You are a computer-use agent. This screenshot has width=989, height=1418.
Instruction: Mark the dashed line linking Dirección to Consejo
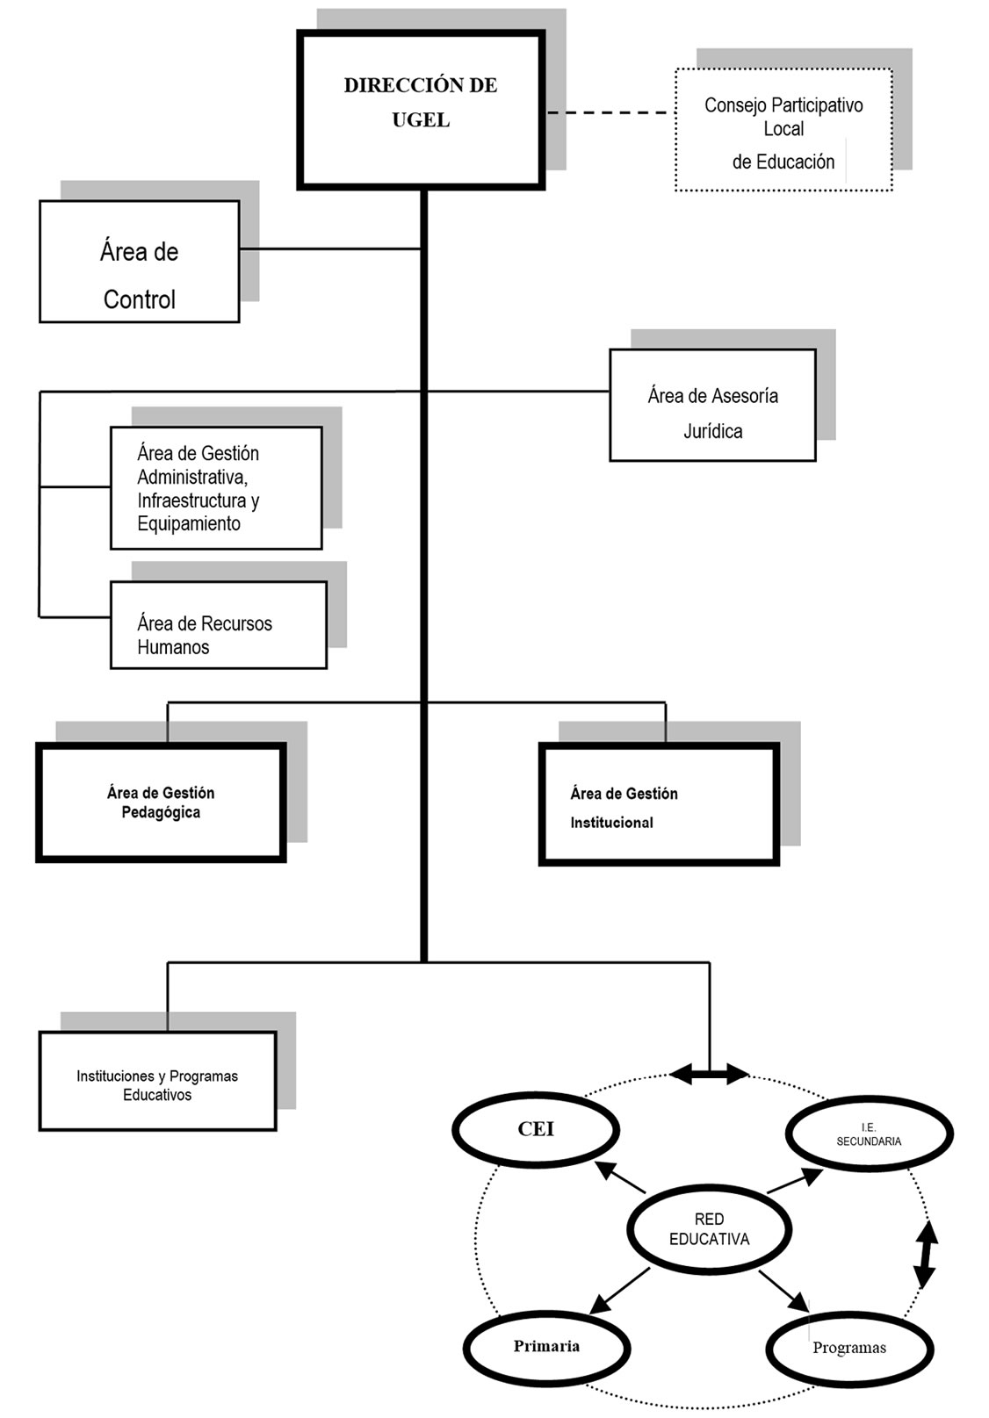[608, 112]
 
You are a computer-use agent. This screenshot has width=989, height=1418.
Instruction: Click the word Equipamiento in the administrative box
[189, 523]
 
